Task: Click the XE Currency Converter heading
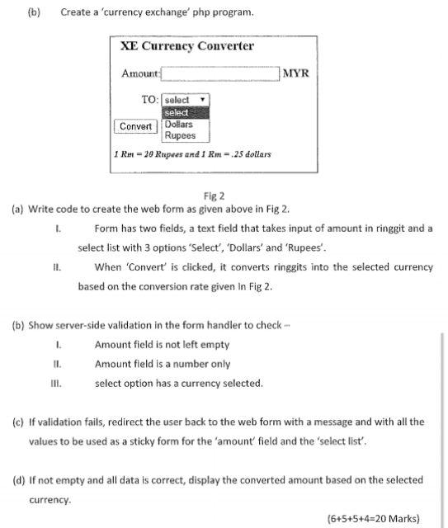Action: click(187, 47)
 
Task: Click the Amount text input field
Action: click(220, 73)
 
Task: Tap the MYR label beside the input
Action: click(295, 73)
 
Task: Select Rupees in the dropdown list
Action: click(180, 135)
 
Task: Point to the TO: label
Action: click(149, 100)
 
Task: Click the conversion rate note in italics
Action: click(192, 154)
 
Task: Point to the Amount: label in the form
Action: click(140, 74)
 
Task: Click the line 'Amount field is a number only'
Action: click(163, 364)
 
